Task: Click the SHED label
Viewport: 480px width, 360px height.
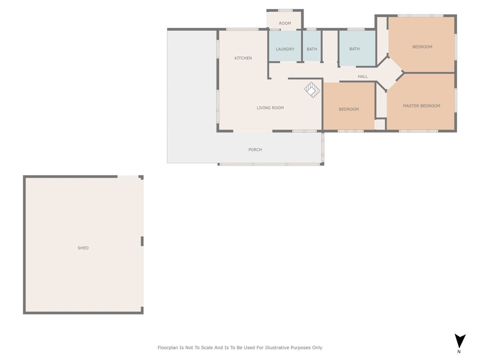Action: click(x=83, y=248)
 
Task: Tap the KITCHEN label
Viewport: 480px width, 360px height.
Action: click(x=243, y=58)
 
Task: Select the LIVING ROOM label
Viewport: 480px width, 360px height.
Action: click(x=270, y=108)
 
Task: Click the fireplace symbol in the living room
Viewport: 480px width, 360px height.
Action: click(x=312, y=90)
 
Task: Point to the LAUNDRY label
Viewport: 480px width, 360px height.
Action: click(x=285, y=49)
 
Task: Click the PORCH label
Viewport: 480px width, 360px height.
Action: click(x=255, y=150)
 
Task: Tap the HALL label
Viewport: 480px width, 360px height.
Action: click(x=363, y=76)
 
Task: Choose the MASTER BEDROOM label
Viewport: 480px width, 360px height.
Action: click(x=422, y=106)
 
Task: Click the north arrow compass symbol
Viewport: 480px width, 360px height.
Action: click(x=460, y=341)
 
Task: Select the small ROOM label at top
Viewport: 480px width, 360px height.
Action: click(x=285, y=23)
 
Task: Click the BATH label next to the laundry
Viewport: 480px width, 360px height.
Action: click(x=312, y=49)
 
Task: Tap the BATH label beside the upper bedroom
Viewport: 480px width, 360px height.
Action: click(x=354, y=49)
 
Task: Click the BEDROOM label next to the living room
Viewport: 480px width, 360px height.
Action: click(x=349, y=109)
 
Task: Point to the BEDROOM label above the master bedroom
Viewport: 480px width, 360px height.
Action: click(x=422, y=47)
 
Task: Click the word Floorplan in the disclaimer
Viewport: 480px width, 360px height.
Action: click(x=167, y=348)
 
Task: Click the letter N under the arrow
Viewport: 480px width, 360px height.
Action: click(x=459, y=352)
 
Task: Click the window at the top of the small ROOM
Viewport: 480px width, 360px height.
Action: click(x=285, y=10)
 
